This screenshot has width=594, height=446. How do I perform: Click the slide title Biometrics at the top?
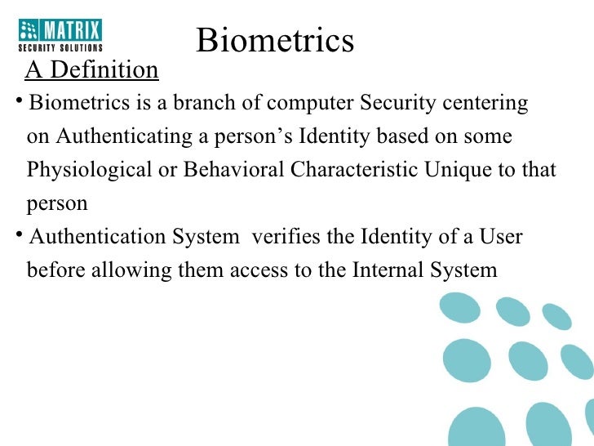pos(275,40)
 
